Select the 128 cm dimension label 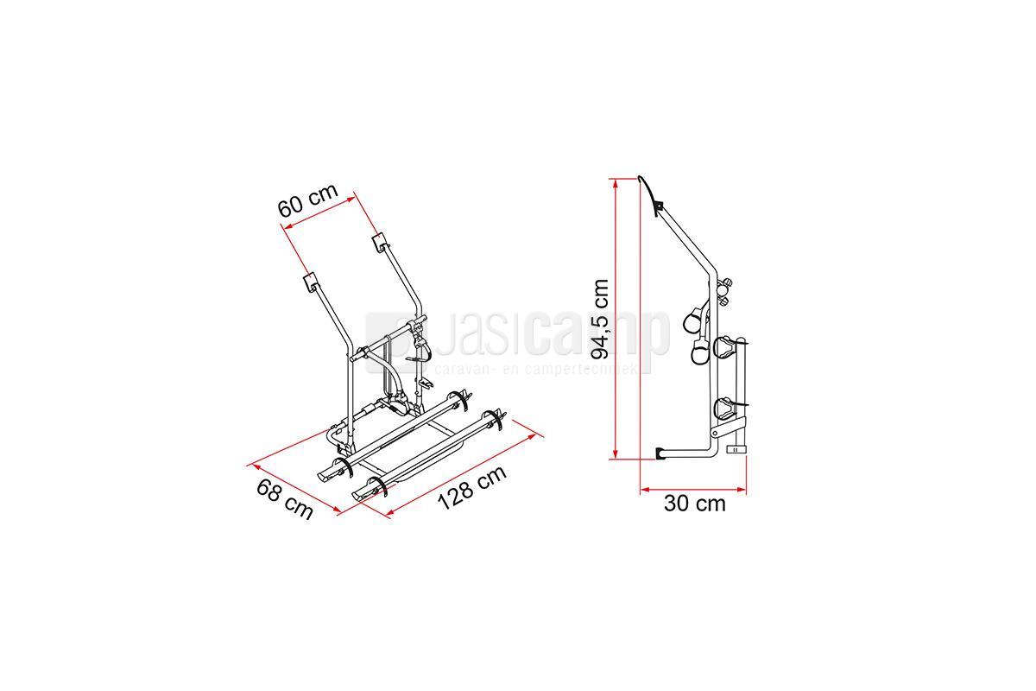[471, 488]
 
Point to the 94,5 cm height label [601, 320]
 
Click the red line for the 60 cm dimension [319, 212]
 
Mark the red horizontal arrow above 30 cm [693, 489]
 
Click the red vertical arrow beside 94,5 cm [615, 319]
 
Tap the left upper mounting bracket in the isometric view [310, 282]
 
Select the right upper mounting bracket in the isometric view [380, 244]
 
